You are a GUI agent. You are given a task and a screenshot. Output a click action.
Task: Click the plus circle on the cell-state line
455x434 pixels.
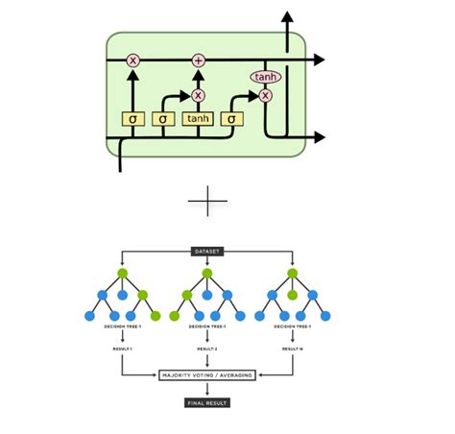[x=198, y=60]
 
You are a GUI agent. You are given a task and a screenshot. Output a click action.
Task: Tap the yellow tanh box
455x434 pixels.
[x=198, y=119]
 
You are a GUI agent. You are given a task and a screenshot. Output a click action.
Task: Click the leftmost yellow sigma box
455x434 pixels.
[x=132, y=119]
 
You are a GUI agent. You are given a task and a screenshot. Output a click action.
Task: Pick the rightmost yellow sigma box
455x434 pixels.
[x=230, y=119]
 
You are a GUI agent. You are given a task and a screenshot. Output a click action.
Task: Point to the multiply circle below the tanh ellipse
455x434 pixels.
[x=264, y=95]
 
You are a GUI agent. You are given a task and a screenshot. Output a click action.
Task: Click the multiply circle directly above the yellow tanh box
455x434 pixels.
[x=198, y=95]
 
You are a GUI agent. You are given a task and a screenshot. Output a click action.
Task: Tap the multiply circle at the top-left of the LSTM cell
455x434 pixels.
[x=132, y=60]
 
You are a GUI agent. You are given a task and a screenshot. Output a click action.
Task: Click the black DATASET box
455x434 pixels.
[x=207, y=253]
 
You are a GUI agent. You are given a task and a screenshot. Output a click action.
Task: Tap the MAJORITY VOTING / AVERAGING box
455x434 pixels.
[x=207, y=374]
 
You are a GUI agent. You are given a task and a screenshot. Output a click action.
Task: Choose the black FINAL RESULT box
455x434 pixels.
[x=207, y=402]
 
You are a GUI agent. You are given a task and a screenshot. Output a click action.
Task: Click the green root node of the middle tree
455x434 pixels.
[x=207, y=274]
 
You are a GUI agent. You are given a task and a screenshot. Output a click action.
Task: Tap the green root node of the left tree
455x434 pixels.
[x=123, y=274]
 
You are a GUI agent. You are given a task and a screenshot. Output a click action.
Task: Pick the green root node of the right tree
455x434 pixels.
[x=292, y=274]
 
